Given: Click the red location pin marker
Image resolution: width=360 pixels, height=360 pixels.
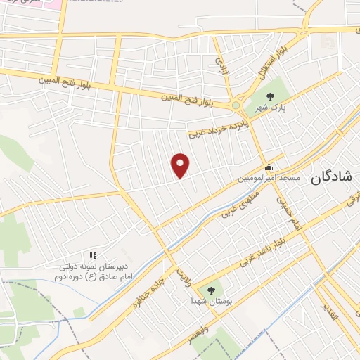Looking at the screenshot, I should pos(181,165).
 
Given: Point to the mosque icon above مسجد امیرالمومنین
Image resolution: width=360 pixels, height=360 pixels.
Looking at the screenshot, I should pos(269,167).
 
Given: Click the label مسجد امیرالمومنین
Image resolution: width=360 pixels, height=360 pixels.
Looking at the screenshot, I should pos(270,179).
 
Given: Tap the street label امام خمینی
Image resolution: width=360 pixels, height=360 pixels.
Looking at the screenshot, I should pos(289,214).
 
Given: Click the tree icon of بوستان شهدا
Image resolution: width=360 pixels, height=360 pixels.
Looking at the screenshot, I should pos(210,288).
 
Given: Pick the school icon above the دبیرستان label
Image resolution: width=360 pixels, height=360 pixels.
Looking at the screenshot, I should pos(92,256).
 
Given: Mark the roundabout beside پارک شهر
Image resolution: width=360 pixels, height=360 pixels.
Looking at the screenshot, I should pos(236,105).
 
